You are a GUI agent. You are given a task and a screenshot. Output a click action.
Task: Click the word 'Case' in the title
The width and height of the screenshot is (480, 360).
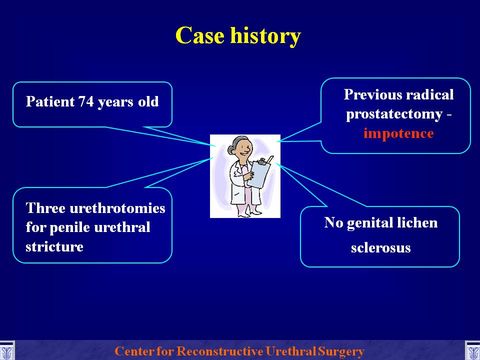coord(200,35)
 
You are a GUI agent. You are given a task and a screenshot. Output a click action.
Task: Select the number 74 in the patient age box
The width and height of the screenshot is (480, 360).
coord(86,101)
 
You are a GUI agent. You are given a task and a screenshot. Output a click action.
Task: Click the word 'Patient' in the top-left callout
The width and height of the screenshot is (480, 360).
coord(50,101)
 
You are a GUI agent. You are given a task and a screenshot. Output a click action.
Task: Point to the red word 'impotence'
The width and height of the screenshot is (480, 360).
coord(398,133)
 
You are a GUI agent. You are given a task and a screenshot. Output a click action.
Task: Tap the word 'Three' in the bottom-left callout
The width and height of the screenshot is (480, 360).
coord(45,208)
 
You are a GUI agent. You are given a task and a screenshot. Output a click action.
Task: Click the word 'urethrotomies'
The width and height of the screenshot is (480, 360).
coord(117,208)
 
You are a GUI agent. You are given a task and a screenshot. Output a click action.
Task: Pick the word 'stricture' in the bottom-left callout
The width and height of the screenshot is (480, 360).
coord(54,246)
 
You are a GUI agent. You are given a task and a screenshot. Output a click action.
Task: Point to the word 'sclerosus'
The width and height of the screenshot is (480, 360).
coord(381,248)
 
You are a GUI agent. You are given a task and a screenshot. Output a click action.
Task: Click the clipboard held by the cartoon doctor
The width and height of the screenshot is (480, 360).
coord(259,172)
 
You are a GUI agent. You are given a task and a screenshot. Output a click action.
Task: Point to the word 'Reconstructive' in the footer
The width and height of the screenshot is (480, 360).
coord(220,351)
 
